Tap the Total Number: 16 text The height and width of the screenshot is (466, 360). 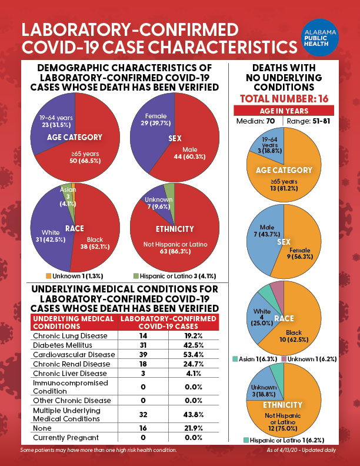tap(284, 98)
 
